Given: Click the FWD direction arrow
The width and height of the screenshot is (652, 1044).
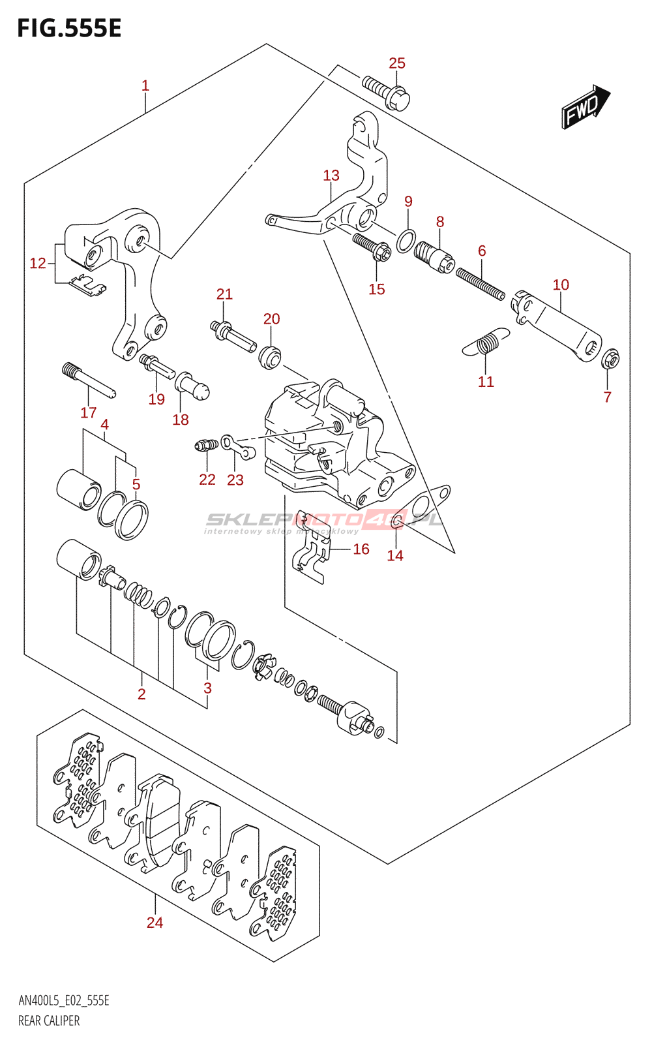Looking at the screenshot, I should point(585,106).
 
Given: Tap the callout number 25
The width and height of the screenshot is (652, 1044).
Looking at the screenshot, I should point(397,63).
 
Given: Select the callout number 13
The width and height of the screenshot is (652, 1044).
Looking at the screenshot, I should point(331,176).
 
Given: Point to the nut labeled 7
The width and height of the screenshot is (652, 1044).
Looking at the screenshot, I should point(610,358).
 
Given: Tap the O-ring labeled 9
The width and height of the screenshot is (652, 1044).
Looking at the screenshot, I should point(405,241).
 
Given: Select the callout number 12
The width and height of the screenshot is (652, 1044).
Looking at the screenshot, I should point(38,263).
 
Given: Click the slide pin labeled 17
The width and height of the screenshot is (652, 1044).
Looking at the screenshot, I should point(89,380).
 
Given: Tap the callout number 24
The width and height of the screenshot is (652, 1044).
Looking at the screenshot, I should point(155,923).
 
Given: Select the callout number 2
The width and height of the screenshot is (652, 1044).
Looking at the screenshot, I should point(141,694).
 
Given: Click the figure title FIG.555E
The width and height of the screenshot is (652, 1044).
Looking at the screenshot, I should point(69,29).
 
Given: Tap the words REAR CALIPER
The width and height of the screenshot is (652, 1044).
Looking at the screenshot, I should point(49,1021).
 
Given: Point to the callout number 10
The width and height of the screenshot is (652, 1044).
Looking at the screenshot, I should point(561,285).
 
